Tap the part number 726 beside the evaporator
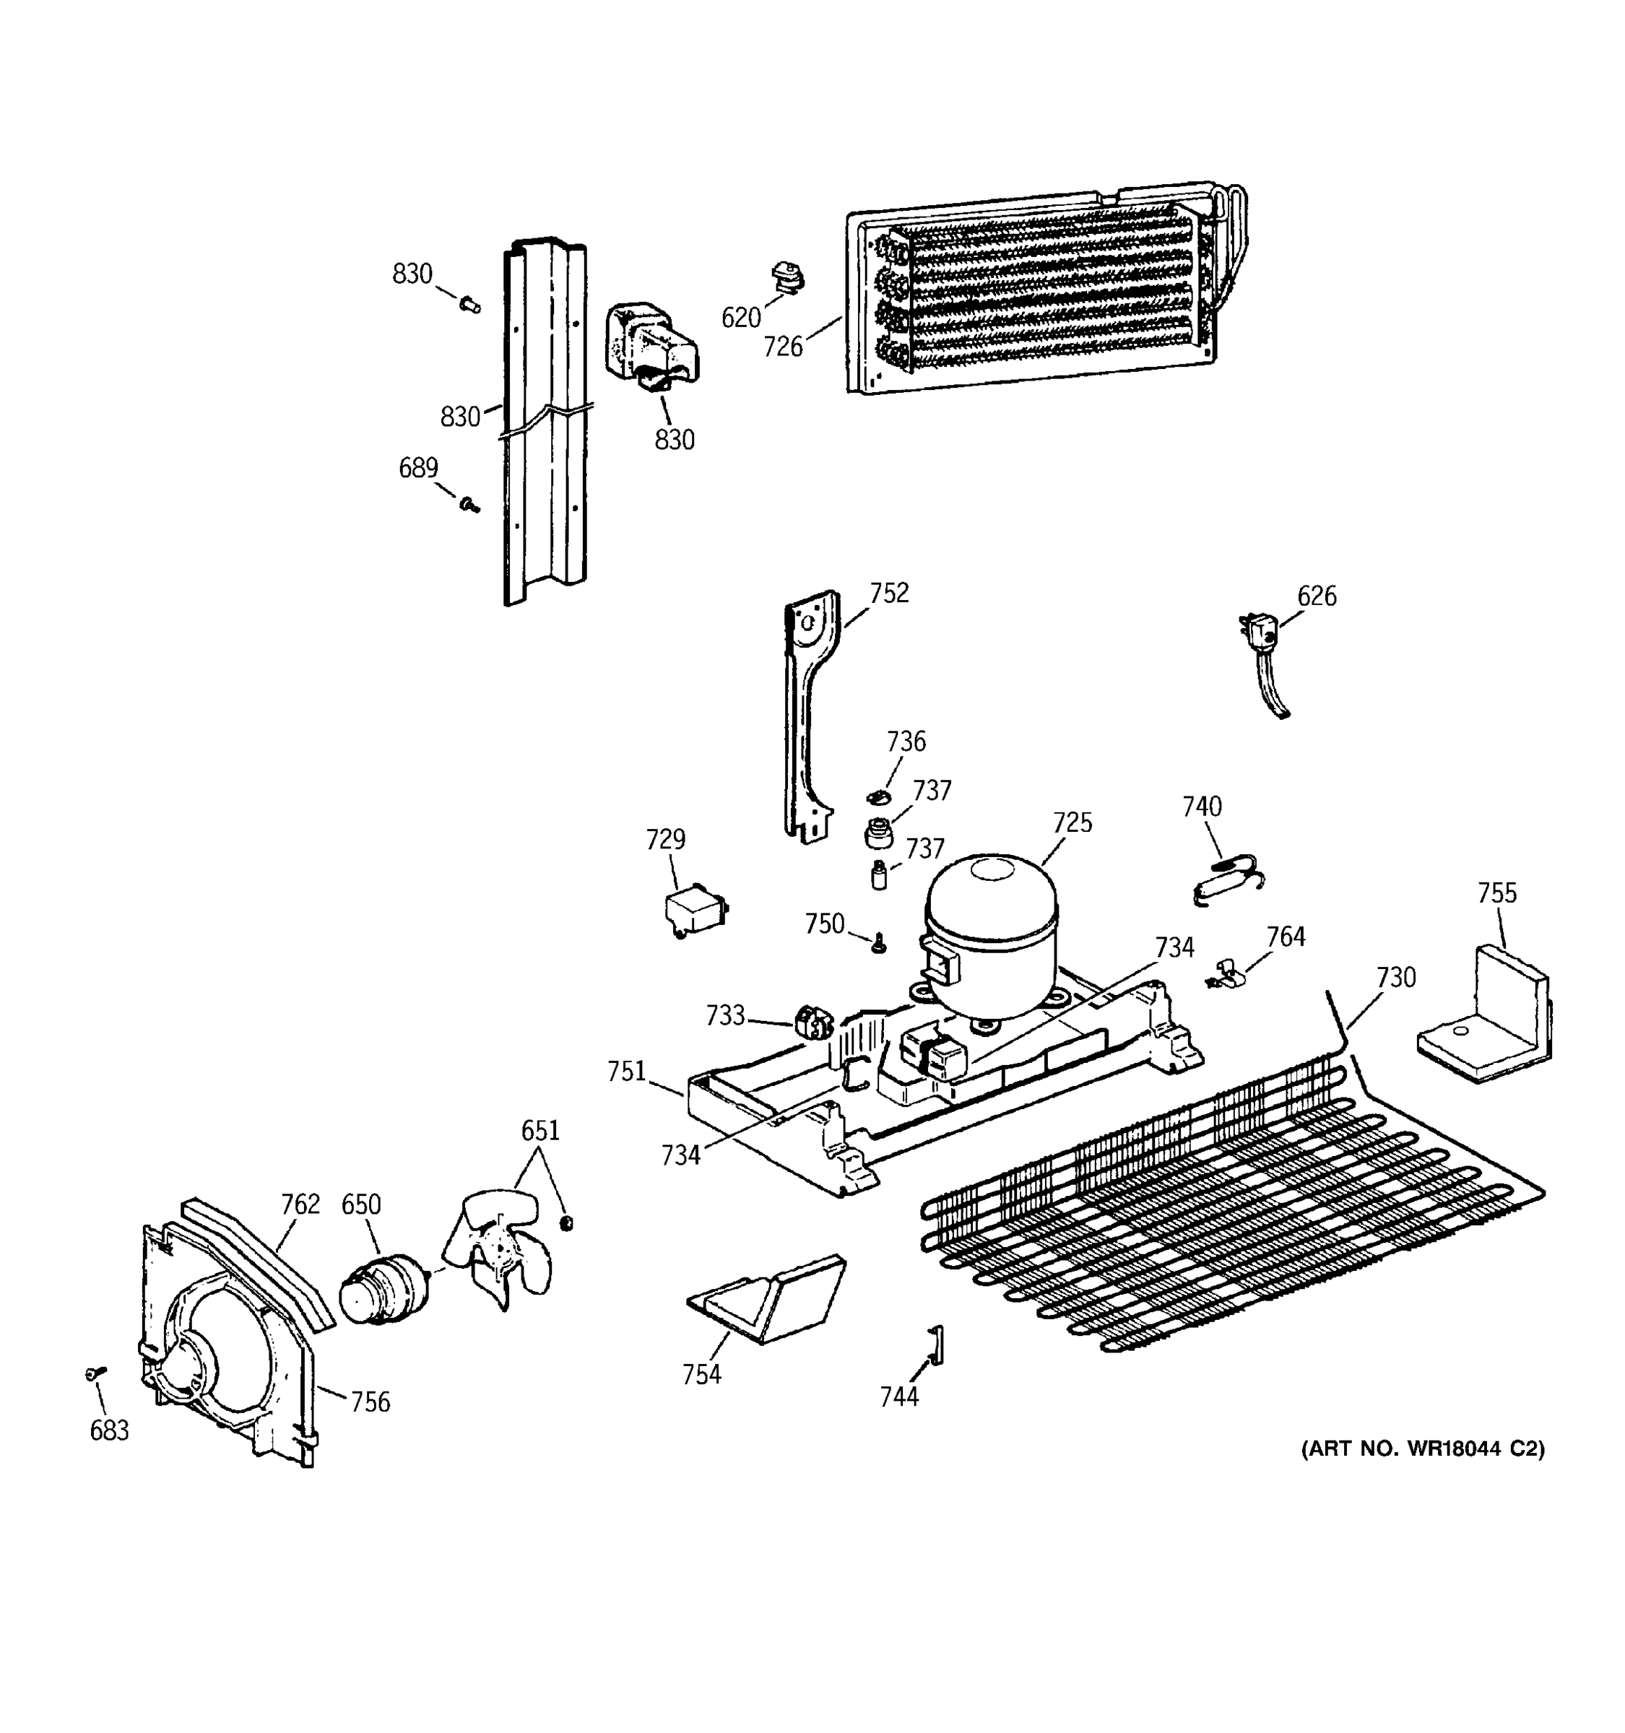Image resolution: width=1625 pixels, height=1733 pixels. [782, 347]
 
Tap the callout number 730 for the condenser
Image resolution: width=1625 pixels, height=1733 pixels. [1396, 978]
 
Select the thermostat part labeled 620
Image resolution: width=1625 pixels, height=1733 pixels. [788, 279]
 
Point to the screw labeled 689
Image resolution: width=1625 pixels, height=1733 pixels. [471, 504]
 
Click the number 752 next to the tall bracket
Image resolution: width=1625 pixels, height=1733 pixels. [888, 593]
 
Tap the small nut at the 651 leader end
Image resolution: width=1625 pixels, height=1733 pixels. [565, 1223]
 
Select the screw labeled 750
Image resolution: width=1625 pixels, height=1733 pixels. [880, 942]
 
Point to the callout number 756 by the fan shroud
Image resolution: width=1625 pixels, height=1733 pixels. [370, 1402]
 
